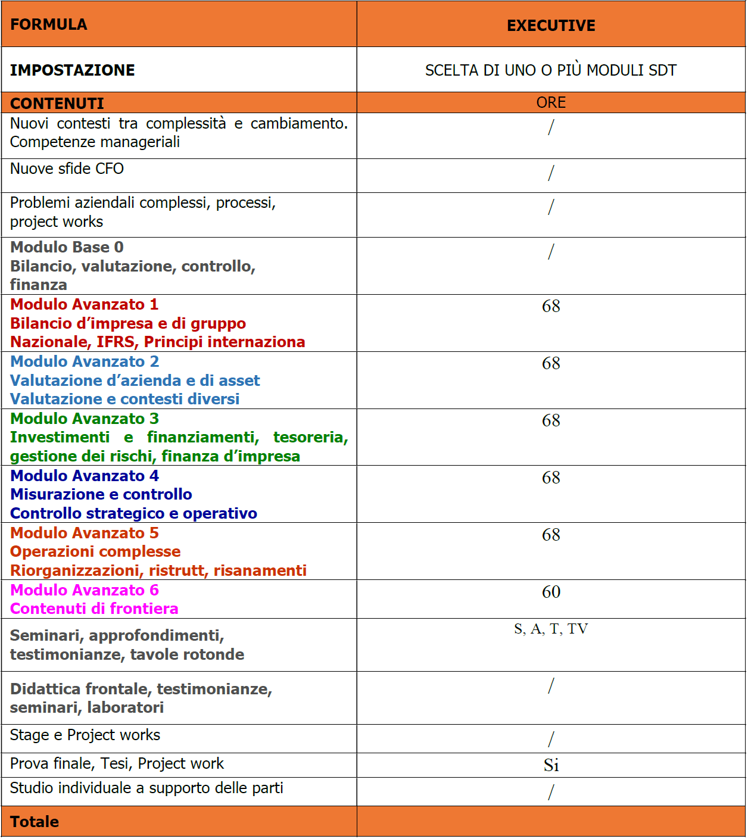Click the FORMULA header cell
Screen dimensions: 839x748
click(49, 24)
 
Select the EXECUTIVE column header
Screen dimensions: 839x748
click(551, 26)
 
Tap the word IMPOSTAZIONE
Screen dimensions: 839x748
click(73, 70)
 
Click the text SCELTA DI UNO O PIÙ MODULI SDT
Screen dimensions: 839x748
click(551, 70)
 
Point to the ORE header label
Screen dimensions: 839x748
click(551, 102)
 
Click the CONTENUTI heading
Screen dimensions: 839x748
click(57, 104)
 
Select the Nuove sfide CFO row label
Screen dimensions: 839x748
click(67, 169)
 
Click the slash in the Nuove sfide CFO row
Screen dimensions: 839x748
click(551, 173)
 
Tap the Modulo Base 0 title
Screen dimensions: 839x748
click(67, 247)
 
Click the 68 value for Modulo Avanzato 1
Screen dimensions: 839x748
click(551, 306)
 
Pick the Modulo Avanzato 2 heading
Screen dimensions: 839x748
click(85, 361)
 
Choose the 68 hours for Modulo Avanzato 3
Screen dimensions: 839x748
click(551, 420)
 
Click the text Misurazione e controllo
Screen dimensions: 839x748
click(101, 494)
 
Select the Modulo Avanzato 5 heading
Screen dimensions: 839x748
click(85, 533)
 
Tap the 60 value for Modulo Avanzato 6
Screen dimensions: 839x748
click(551, 592)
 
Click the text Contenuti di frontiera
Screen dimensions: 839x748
click(94, 609)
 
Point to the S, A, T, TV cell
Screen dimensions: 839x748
click(551, 629)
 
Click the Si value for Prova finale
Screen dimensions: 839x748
click(551, 765)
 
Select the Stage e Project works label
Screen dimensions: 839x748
click(85, 735)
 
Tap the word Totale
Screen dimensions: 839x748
click(35, 822)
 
